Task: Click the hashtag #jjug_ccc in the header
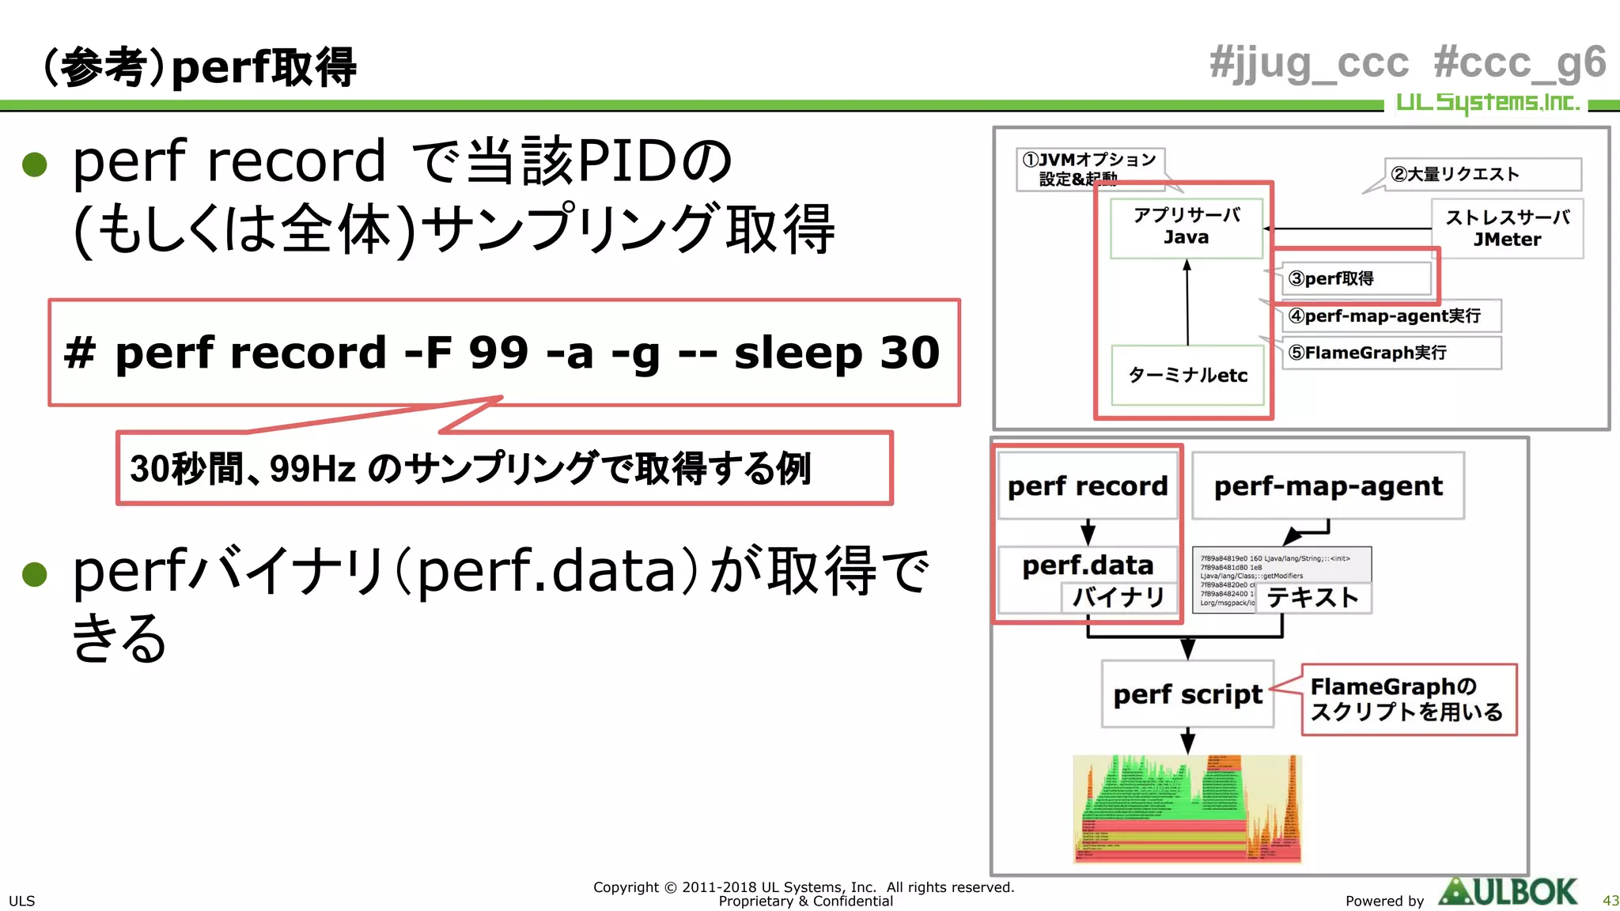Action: point(1309,63)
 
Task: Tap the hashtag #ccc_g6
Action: point(1520,63)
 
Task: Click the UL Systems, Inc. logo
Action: point(1487,103)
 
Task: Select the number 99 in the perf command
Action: point(498,353)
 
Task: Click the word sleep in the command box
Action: point(798,353)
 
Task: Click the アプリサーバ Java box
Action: point(1186,227)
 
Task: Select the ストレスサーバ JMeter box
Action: point(1507,229)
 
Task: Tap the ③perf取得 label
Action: point(1354,278)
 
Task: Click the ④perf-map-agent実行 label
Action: point(1390,316)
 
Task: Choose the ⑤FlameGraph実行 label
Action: point(1390,353)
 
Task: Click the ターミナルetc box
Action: point(1187,375)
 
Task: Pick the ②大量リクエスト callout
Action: point(1481,174)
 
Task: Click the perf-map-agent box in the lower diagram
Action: point(1328,486)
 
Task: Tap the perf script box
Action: point(1187,694)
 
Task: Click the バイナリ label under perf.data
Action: point(1118,596)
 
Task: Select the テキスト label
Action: point(1312,598)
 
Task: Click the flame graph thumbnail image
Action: point(1187,808)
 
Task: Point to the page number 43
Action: point(1610,901)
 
